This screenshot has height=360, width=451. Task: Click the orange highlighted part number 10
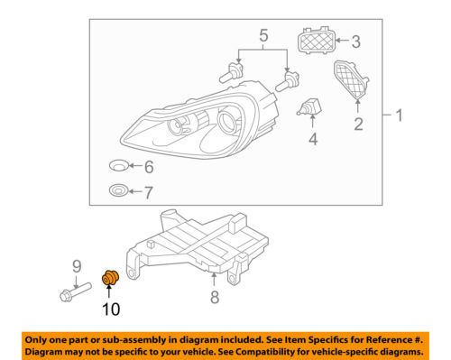[x=110, y=278]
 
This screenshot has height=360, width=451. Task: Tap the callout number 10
[x=111, y=309]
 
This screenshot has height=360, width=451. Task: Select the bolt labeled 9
[x=76, y=291]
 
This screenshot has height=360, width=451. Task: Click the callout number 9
[x=77, y=267]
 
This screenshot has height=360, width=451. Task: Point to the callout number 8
[x=215, y=297]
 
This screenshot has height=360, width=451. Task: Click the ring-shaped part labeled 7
[x=118, y=190]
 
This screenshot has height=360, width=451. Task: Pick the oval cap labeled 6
[x=119, y=165]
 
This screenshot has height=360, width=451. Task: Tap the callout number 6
[x=149, y=167]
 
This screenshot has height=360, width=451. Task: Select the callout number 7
[x=148, y=192]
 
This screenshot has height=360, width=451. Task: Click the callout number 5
[x=263, y=35]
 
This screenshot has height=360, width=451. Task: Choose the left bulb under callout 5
[x=231, y=72]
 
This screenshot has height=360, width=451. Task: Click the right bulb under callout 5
[x=287, y=80]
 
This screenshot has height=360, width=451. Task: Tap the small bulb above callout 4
[x=309, y=106]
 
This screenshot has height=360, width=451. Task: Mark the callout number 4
[x=313, y=139]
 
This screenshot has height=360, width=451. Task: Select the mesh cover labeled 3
[x=316, y=40]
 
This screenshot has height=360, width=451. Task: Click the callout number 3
[x=356, y=42]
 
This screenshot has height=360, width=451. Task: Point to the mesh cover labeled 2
[x=351, y=79]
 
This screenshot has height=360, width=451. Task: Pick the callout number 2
[x=358, y=124]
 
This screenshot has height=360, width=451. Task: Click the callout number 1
[x=399, y=115]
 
